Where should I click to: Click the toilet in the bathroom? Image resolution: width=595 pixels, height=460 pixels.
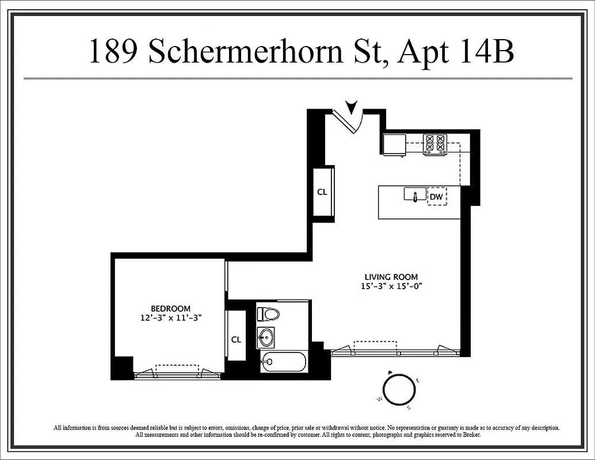click(x=268, y=314)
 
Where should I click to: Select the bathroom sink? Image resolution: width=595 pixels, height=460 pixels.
click(x=266, y=338)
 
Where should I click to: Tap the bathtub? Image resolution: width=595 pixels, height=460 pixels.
click(x=283, y=362)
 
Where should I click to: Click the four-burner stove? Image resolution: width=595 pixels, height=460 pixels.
click(x=435, y=144)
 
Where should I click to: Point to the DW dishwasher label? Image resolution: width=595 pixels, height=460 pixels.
click(x=437, y=197)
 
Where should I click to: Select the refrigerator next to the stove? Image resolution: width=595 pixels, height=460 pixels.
click(x=395, y=145)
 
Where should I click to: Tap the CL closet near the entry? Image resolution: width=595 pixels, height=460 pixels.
click(x=322, y=192)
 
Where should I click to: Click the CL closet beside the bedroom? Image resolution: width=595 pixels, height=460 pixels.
click(x=236, y=339)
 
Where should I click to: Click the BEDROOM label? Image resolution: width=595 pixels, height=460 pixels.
click(x=171, y=309)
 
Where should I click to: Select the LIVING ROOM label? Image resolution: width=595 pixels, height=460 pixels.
click(x=391, y=277)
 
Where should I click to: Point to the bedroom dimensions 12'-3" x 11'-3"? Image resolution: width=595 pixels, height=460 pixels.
click(x=173, y=317)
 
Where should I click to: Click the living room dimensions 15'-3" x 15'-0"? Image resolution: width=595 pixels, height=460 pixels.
click(x=392, y=286)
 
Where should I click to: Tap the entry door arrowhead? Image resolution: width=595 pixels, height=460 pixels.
click(x=350, y=107)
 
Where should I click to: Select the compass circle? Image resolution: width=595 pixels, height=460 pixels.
click(x=399, y=389)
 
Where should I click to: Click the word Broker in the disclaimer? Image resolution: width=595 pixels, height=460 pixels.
click(x=470, y=435)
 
